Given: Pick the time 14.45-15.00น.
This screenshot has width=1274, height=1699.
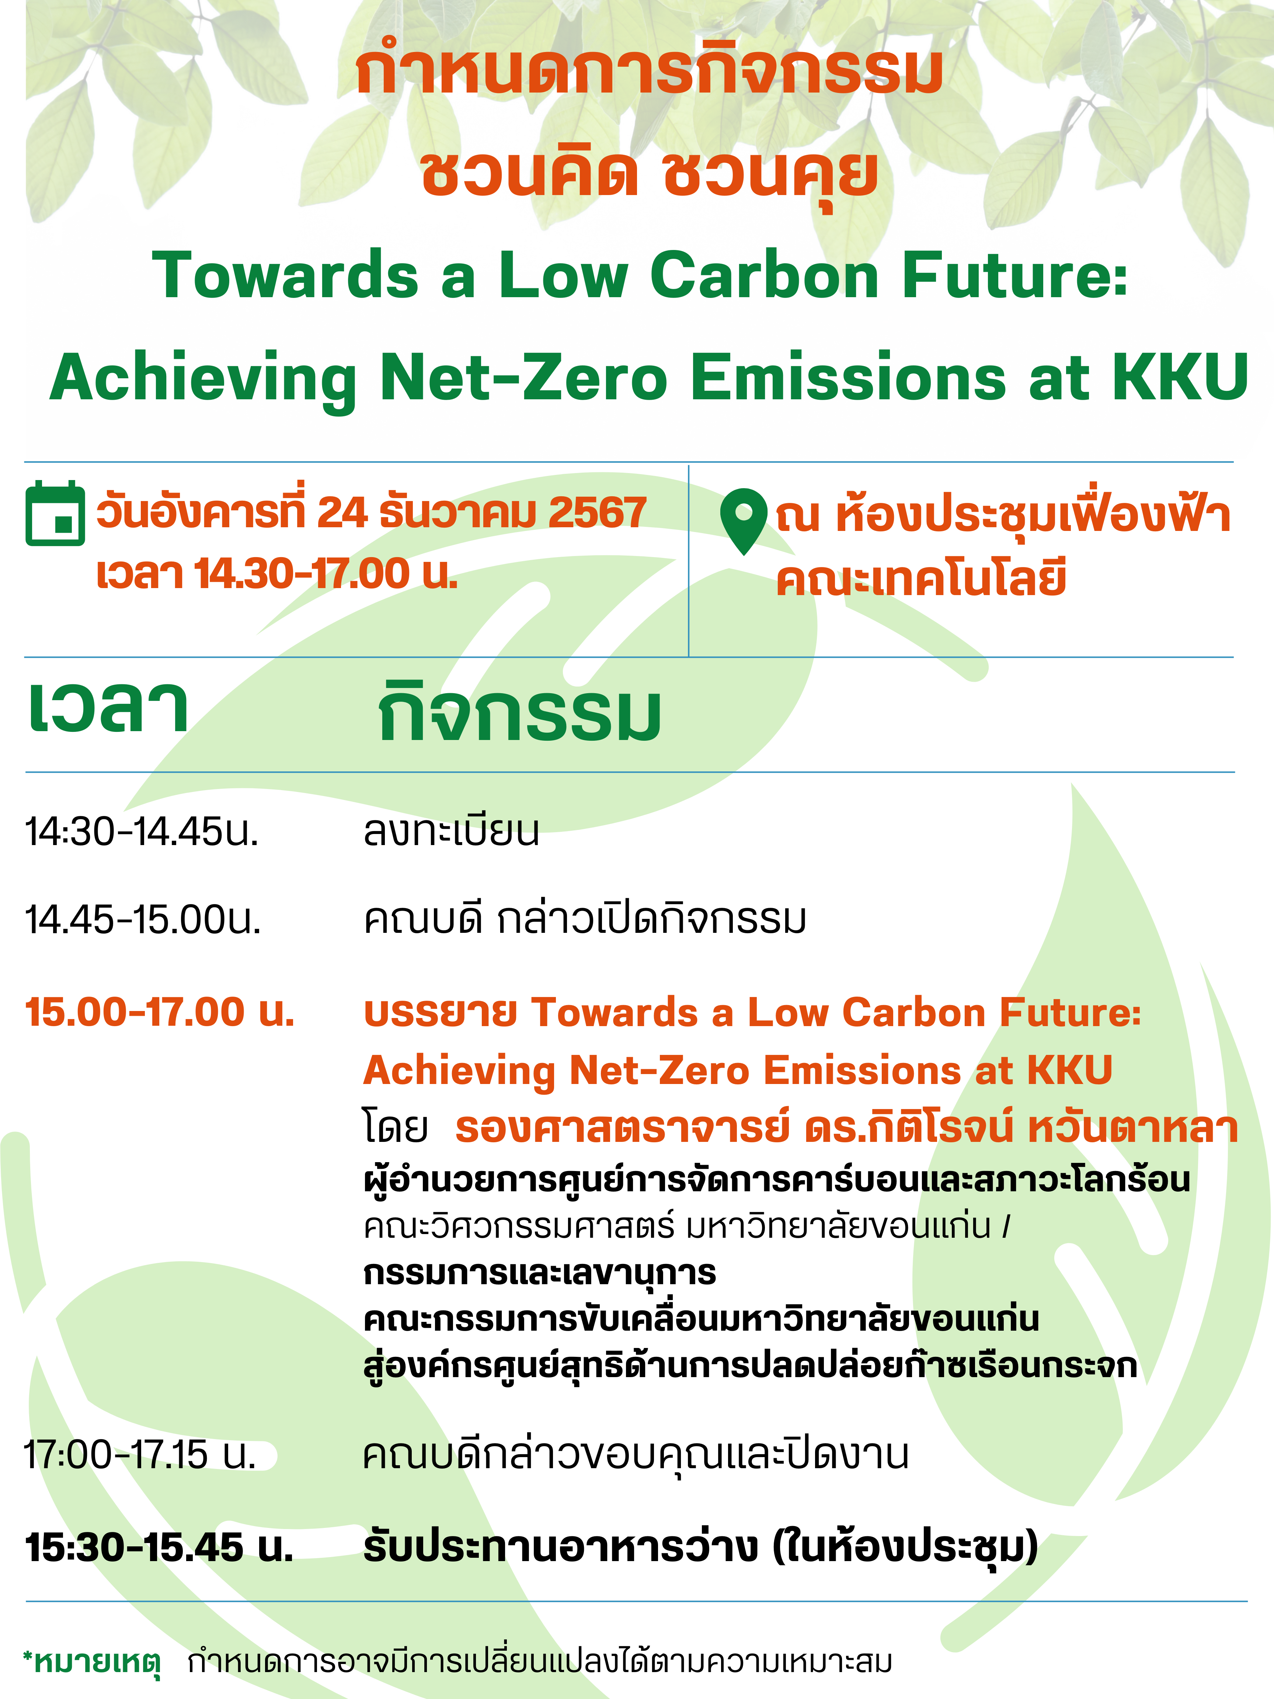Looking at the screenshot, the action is (x=144, y=920).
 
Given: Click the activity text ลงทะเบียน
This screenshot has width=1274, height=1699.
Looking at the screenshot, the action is (x=452, y=831).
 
